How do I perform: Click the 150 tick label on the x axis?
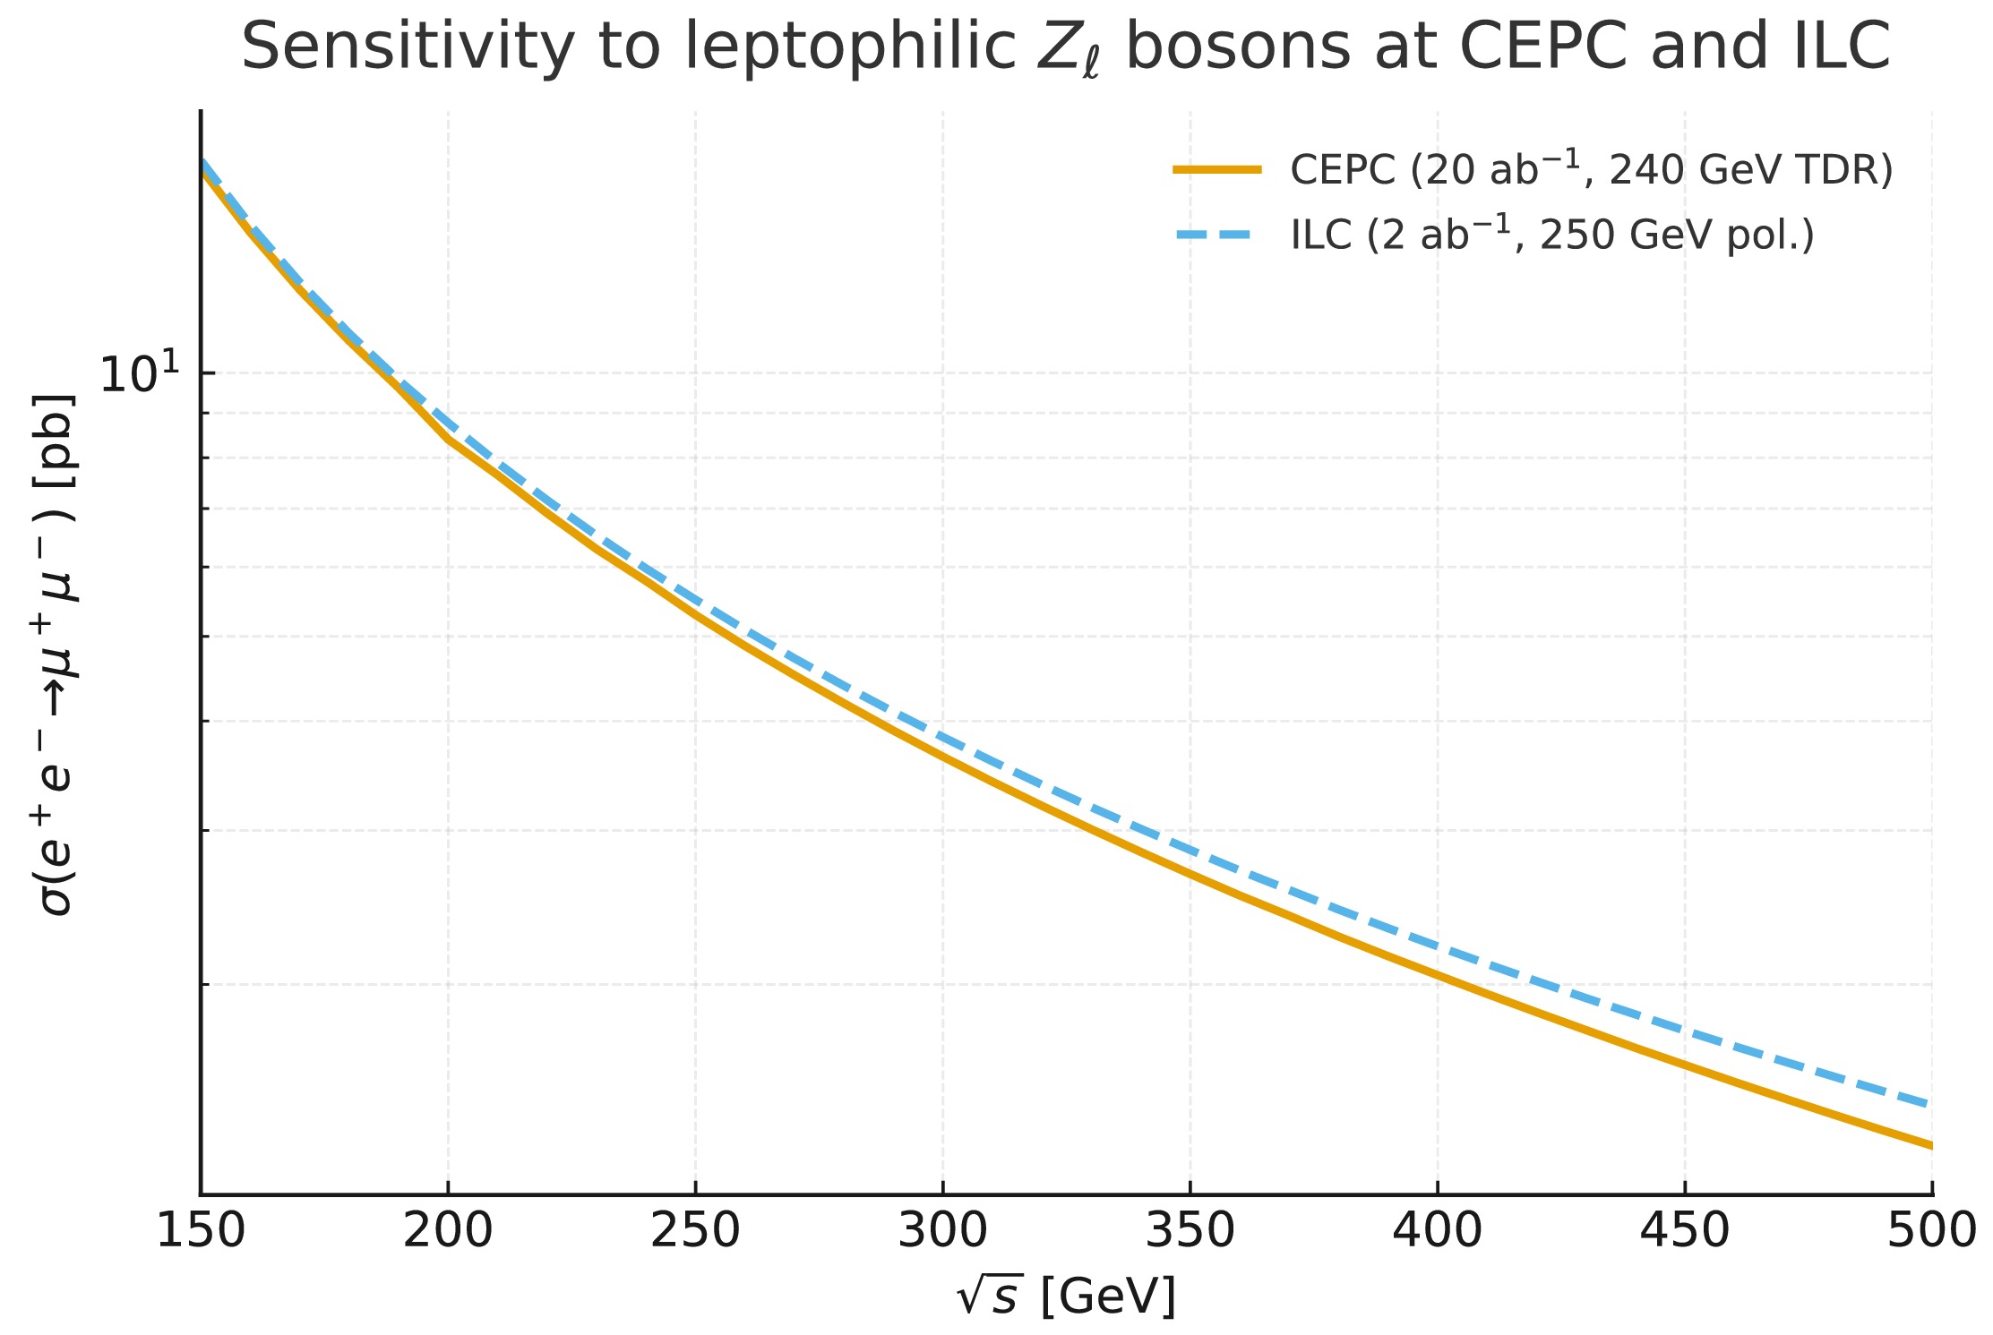click(201, 1231)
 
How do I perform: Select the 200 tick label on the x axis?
click(448, 1231)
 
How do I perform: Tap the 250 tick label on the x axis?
click(695, 1231)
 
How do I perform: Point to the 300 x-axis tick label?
click(943, 1231)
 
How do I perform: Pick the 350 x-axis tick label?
click(1190, 1231)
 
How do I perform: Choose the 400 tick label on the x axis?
click(1438, 1231)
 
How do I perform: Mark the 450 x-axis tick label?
click(1685, 1231)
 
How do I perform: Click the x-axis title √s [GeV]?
click(1066, 1296)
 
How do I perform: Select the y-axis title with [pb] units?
click(54, 654)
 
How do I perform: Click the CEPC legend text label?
click(1591, 169)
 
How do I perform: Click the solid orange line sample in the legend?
click(1218, 169)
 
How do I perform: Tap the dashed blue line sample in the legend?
click(1218, 235)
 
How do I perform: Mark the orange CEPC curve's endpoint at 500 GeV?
click(1931, 1145)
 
